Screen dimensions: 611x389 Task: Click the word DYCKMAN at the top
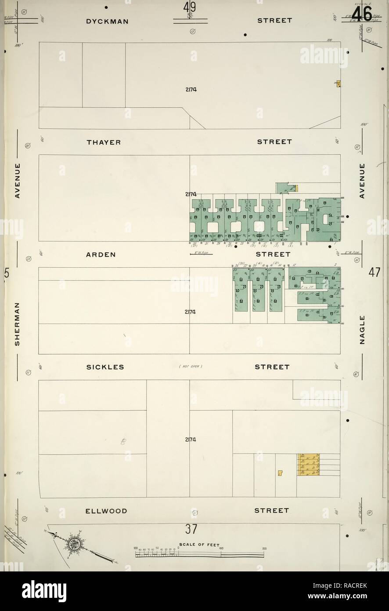(x=107, y=20)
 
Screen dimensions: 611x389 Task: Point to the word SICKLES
(x=105, y=367)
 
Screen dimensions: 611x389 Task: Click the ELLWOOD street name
(x=106, y=511)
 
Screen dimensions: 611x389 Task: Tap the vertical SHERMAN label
(x=18, y=324)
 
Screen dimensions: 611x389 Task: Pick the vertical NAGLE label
(x=363, y=330)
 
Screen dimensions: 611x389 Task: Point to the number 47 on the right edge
(x=374, y=273)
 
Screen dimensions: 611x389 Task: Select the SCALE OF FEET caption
(x=202, y=544)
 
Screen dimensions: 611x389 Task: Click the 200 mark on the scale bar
(x=264, y=549)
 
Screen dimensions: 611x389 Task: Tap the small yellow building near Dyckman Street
(x=339, y=84)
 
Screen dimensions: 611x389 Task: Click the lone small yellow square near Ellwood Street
(x=280, y=473)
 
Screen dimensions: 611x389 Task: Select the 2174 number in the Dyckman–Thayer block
(x=191, y=90)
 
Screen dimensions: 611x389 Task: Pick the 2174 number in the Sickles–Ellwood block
(x=191, y=440)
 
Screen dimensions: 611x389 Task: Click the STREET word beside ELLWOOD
(x=272, y=511)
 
